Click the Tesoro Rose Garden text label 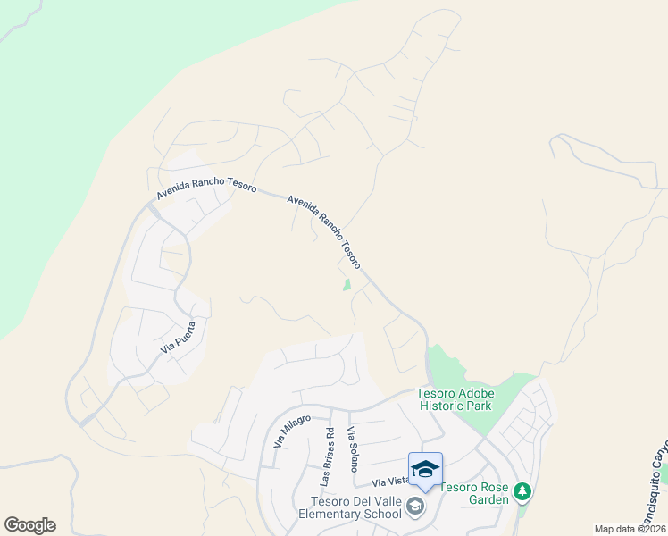473,493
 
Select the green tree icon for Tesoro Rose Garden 522,491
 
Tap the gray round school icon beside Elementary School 414,507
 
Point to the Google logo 29,525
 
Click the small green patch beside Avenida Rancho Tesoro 347,285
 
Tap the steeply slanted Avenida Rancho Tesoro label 324,232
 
